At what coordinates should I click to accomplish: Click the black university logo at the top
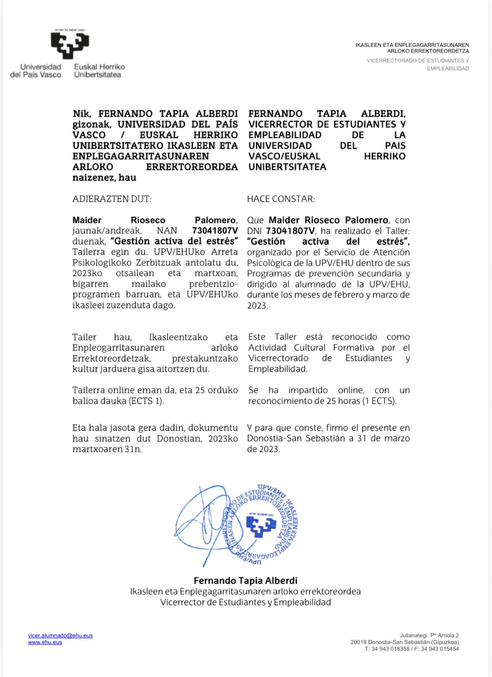coord(70,45)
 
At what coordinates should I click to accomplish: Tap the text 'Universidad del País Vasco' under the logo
coord(36,71)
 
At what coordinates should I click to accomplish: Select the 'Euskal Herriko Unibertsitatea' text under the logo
coord(99,71)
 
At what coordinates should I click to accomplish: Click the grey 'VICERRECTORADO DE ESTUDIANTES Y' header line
coord(417,61)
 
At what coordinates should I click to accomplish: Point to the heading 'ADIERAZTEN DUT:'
coord(112,199)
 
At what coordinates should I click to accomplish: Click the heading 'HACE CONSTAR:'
coord(281,199)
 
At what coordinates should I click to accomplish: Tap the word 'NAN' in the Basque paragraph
coord(167,231)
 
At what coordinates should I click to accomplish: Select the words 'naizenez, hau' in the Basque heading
coord(104,178)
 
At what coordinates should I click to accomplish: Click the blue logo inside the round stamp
coord(261,525)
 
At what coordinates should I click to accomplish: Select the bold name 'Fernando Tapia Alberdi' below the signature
coord(246,581)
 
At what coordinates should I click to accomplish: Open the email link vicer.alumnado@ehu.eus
coord(60,636)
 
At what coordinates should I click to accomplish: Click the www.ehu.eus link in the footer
coord(45,642)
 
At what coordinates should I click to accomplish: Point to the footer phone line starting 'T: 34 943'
coord(411,649)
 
